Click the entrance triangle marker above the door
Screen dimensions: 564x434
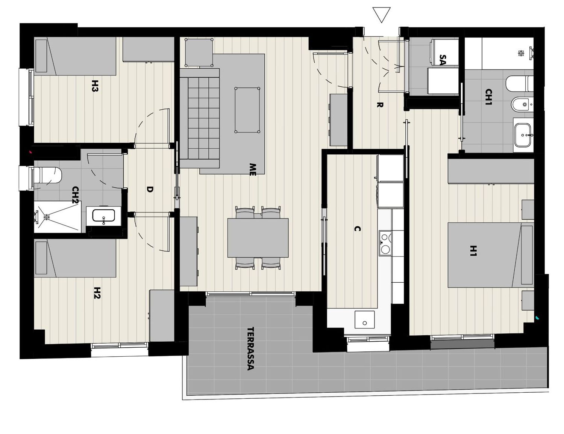(x=381, y=15)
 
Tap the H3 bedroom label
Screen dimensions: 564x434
(x=95, y=86)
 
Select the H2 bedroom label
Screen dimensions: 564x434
(x=96, y=292)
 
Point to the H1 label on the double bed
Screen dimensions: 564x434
(x=474, y=251)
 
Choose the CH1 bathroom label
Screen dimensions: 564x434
(x=489, y=97)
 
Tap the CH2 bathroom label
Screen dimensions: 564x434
(x=76, y=194)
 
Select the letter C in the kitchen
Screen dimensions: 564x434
(x=358, y=229)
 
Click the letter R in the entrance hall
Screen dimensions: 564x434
(x=380, y=105)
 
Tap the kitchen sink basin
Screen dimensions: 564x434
(x=365, y=319)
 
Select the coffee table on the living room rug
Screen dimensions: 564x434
(x=247, y=110)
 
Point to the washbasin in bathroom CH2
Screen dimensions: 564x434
(x=104, y=216)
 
